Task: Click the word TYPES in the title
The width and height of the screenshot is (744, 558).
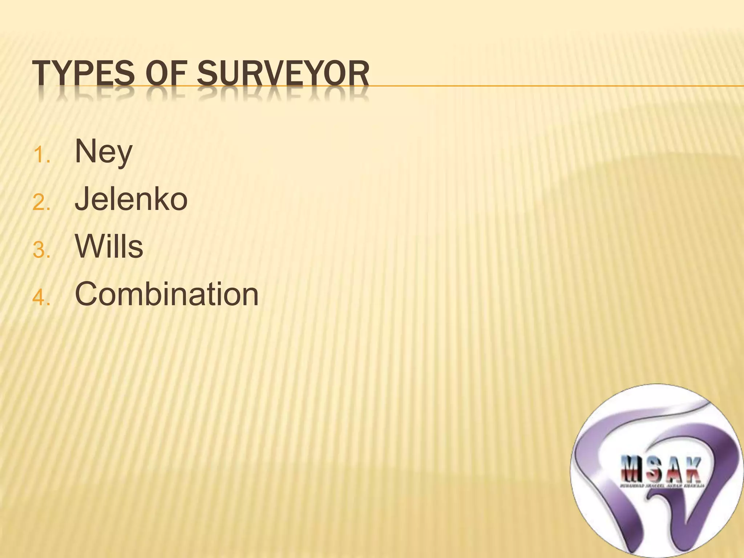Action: tap(84, 74)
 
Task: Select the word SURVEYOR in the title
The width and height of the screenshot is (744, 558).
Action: tap(283, 74)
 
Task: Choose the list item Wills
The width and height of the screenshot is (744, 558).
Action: tap(109, 247)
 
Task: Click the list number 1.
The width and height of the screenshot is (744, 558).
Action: tap(41, 156)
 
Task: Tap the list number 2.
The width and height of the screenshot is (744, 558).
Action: tap(41, 203)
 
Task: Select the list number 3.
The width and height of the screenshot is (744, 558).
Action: tap(41, 251)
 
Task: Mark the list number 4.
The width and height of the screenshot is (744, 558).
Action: tap(41, 298)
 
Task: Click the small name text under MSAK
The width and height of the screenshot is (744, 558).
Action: tap(662, 485)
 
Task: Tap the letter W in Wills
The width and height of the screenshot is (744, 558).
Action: tap(91, 247)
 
